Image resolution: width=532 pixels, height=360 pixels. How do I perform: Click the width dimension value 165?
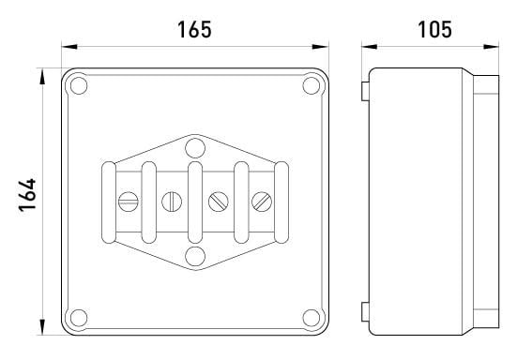[x=195, y=28]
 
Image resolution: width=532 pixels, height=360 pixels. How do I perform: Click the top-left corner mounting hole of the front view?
[x=80, y=86]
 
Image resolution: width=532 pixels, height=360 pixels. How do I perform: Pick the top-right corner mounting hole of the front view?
[x=312, y=86]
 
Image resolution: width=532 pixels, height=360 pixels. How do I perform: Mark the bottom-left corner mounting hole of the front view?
[x=80, y=316]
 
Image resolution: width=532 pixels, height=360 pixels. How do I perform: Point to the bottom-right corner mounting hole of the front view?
[x=312, y=316]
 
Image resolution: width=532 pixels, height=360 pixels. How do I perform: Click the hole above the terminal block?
[x=194, y=147]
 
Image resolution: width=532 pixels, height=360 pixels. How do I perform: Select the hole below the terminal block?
[x=194, y=256]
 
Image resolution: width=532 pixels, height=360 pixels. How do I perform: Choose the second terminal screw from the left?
[x=171, y=200]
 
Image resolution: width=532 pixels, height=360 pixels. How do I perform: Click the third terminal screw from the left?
[x=217, y=200]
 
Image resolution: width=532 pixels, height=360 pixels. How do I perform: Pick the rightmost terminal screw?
[x=262, y=200]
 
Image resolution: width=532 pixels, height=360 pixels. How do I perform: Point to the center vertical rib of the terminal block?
[x=194, y=201]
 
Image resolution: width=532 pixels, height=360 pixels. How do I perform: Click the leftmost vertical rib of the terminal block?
[x=110, y=201]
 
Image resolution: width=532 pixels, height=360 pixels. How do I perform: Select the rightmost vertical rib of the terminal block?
[x=278, y=201]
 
